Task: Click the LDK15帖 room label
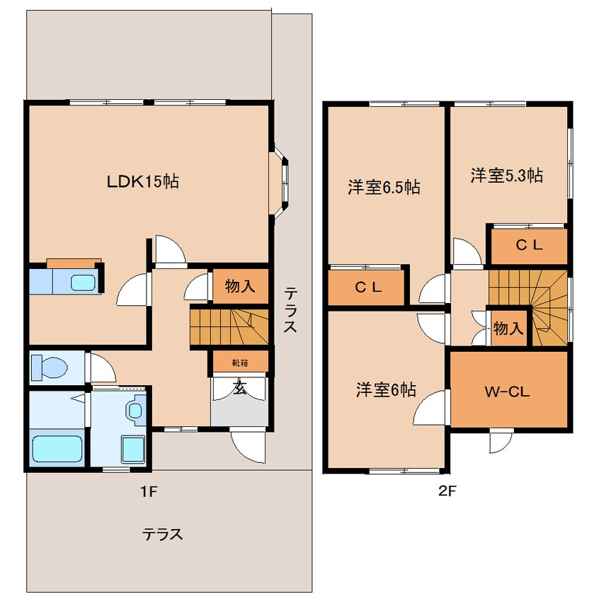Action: pyautogui.click(x=142, y=181)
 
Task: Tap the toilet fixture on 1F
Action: pyautogui.click(x=50, y=367)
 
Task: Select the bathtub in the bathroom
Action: pyautogui.click(x=59, y=447)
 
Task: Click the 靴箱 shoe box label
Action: pyautogui.click(x=240, y=363)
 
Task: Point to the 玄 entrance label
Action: pyautogui.click(x=240, y=388)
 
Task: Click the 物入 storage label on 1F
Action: pyautogui.click(x=240, y=287)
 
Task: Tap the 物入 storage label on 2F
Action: pyautogui.click(x=508, y=328)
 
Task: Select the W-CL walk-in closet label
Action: pyautogui.click(x=508, y=391)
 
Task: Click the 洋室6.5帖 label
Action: pyautogui.click(x=384, y=188)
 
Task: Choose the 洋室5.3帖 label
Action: pyautogui.click(x=507, y=176)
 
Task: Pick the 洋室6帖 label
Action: pyautogui.click(x=385, y=389)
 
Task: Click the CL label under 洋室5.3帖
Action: pyautogui.click(x=528, y=246)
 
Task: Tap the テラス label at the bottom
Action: pyautogui.click(x=163, y=535)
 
